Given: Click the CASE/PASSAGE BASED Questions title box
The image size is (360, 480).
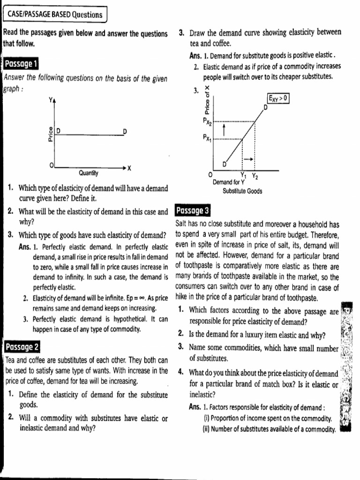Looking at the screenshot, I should (55, 15).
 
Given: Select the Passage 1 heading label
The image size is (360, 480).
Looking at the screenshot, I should (21, 63).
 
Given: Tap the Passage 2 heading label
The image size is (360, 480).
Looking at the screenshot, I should (22, 347).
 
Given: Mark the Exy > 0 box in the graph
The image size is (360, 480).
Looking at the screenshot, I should (278, 98).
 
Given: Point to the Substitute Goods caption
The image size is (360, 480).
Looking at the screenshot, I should (242, 191).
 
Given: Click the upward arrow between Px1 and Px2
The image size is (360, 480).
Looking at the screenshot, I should (224, 130).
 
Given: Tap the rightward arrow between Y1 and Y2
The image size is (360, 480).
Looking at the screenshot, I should (248, 159).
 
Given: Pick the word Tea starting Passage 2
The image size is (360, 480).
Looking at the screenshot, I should (11, 360).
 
